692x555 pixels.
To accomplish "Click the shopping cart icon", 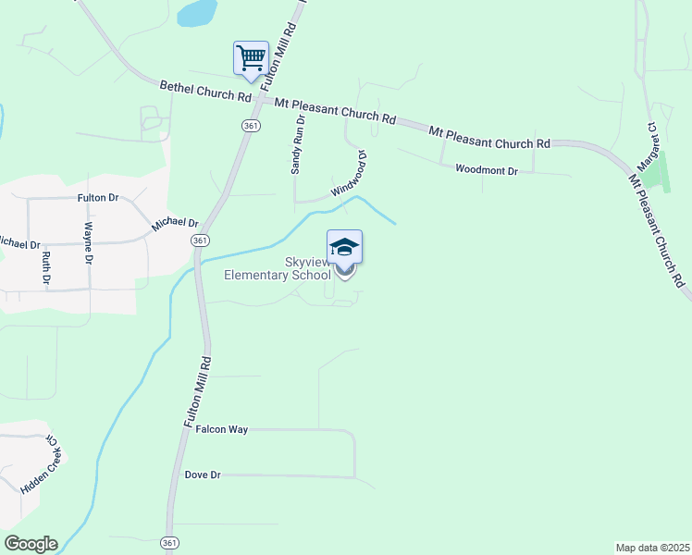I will pos(251,57).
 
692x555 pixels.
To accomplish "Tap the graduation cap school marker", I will pos(344,248).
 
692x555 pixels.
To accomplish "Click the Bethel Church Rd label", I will pos(205,91).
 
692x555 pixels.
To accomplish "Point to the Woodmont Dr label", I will pos(487,169).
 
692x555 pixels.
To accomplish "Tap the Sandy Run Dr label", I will pos(297,145).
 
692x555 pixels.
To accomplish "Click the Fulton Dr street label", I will pos(99,198).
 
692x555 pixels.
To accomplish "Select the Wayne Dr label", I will pos(89,243).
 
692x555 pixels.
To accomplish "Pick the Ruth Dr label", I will pos(44,266).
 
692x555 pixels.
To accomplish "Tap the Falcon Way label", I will pos(221,430).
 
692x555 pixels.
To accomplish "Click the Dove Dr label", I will pos(203,475).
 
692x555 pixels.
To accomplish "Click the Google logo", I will pos(31,544).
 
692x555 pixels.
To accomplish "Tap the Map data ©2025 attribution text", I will pos(652,547).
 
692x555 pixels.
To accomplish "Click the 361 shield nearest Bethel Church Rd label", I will pos(251,125).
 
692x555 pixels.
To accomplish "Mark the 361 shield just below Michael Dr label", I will pos(199,240).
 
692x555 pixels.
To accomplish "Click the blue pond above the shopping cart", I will pos(197,12).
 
